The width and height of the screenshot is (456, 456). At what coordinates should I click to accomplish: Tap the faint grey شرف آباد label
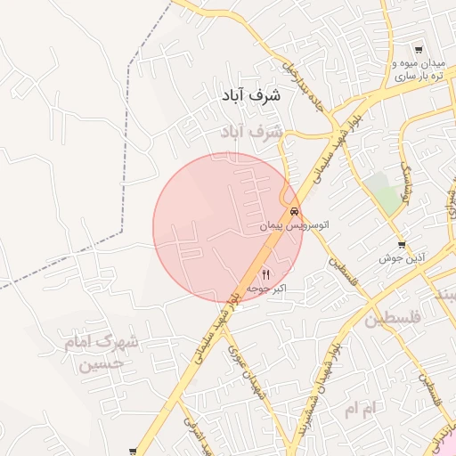[252, 132]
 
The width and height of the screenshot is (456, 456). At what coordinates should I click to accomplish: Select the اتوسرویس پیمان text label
[294, 227]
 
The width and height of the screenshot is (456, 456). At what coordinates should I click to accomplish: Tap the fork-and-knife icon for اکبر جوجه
[265, 274]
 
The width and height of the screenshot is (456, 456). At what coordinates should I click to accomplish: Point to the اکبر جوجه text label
[266, 289]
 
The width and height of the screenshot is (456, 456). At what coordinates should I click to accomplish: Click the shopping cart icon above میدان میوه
[419, 50]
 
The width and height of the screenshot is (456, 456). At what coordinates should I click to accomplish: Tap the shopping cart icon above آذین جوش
[402, 244]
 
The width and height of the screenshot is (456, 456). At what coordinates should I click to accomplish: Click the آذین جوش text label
[402, 258]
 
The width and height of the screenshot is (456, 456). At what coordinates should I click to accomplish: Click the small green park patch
[383, 191]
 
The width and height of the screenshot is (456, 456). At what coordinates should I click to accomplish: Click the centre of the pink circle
[227, 227]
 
